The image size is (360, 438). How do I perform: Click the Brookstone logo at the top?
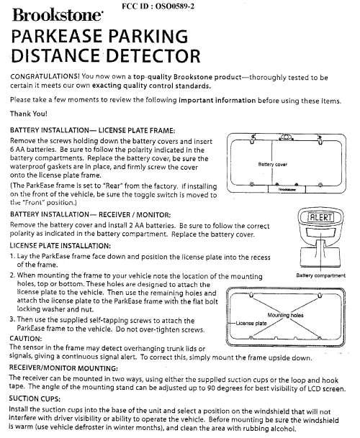58,15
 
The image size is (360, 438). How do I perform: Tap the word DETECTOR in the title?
153,55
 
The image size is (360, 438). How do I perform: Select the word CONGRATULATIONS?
45,76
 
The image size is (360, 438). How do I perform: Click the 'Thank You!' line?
29,114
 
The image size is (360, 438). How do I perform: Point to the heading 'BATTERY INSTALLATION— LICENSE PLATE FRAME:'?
93,130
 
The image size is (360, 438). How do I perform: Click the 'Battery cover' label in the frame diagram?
272,164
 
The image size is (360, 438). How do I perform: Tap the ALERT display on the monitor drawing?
320,217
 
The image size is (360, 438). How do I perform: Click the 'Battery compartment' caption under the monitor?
320,275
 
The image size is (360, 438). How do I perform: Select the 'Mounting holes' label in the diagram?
285,315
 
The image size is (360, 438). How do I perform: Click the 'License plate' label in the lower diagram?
251,323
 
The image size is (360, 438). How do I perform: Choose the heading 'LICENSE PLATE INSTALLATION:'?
60,246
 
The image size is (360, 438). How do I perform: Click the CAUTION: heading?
25,339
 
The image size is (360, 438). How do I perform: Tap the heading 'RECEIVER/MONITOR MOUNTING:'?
63,368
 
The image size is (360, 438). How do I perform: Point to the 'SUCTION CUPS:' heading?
35,398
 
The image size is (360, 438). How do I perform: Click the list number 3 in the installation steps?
12,319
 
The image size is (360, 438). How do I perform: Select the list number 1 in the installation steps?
12,256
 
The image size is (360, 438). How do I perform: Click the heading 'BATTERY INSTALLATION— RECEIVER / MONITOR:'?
90,214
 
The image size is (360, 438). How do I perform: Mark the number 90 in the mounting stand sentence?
211,388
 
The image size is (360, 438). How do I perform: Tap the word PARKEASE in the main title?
57,36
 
